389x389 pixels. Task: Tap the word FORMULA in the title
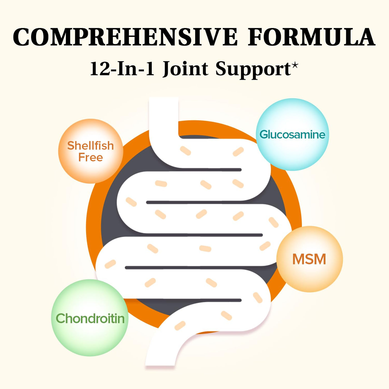311,37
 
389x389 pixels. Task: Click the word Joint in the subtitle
185,69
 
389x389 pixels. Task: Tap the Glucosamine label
292,135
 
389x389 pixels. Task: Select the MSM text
309,259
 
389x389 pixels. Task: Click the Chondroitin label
90,318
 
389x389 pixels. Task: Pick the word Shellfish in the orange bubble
91,146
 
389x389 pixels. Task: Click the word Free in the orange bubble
91,158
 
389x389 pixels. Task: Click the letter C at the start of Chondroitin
61,318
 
